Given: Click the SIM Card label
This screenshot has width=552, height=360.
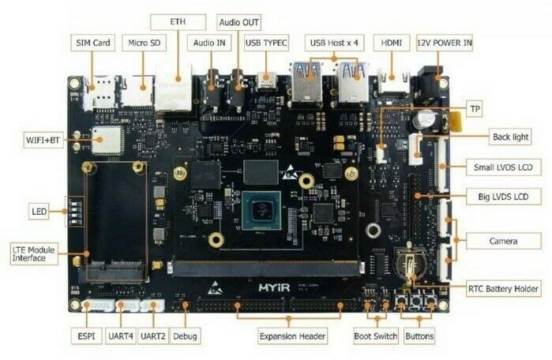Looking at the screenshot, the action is click(x=93, y=43).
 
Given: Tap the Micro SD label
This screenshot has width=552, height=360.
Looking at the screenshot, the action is click(x=142, y=43).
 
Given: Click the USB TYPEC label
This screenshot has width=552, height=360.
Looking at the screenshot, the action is click(x=266, y=43).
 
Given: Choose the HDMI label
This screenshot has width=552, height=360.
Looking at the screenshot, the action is click(x=391, y=43).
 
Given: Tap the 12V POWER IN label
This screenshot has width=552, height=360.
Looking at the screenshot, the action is click(x=445, y=43).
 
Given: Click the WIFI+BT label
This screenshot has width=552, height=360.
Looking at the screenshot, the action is click(x=43, y=140).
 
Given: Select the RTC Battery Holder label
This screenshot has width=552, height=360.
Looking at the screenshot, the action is click(x=504, y=288).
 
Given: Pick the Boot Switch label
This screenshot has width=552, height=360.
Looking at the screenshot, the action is click(x=375, y=336).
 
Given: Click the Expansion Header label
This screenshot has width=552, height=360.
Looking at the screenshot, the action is click(x=291, y=336).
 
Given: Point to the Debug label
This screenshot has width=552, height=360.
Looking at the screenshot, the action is click(x=186, y=336).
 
